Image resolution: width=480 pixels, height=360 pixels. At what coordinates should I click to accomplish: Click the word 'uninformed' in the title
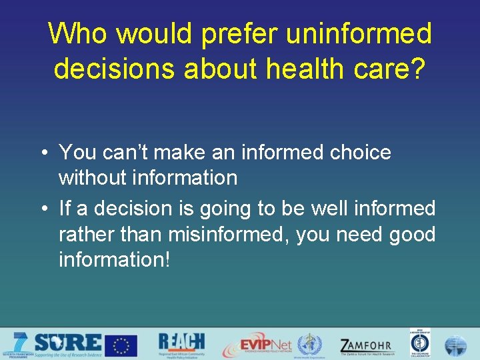point(359,33)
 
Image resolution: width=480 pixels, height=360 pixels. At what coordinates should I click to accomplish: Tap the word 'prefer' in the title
point(241,33)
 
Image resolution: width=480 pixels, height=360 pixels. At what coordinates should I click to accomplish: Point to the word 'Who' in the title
point(74,33)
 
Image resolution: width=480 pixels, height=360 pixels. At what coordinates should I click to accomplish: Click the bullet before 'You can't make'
point(42,153)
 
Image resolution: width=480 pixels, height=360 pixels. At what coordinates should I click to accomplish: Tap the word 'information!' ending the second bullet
point(115,259)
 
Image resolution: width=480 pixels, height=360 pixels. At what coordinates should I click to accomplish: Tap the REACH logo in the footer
point(181,344)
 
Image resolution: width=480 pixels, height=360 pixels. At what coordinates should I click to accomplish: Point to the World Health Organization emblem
point(309,345)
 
